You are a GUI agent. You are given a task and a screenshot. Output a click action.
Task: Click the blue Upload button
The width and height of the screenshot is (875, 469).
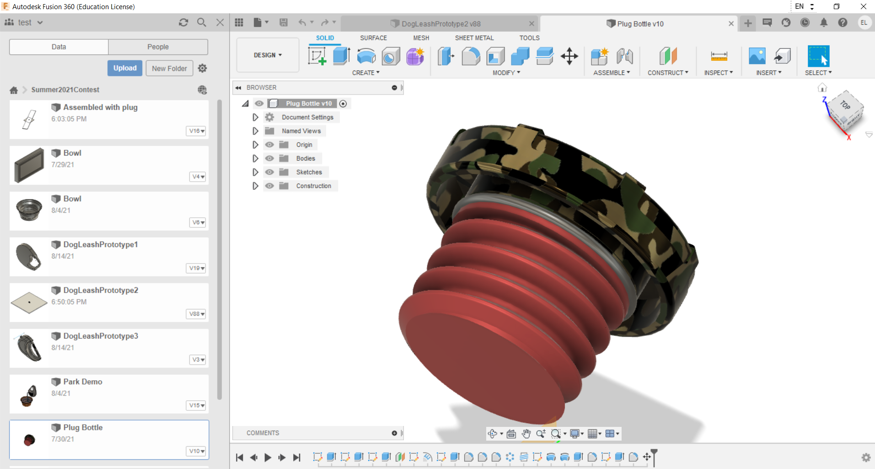point(125,68)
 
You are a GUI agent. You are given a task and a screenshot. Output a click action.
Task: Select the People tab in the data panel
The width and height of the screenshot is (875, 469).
point(158,47)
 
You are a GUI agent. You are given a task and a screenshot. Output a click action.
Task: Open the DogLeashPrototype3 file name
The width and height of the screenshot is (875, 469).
point(101,336)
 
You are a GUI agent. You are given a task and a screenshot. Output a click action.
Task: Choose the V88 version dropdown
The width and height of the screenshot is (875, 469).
point(197,314)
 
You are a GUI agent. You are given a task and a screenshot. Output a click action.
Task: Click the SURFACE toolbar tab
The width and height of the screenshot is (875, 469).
point(373,38)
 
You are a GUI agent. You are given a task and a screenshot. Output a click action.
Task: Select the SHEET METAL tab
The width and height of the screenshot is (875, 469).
point(474,38)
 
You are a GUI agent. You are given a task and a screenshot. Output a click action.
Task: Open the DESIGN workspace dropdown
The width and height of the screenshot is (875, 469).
point(268,55)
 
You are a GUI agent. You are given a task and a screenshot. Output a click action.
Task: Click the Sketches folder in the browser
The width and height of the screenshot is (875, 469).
point(309,172)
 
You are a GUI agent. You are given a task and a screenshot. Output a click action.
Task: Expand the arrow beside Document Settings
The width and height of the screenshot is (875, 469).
point(255,117)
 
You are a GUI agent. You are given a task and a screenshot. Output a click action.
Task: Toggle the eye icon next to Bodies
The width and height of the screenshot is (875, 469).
point(270,158)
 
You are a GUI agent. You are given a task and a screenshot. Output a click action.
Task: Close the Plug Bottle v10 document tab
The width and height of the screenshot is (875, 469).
point(731,24)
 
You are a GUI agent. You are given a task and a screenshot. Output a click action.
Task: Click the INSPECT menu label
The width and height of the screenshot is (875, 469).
point(718,73)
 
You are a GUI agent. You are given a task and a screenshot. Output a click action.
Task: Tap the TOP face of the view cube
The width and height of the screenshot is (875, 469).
point(845,105)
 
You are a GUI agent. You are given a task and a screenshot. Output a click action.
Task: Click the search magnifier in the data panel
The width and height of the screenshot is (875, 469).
point(201,22)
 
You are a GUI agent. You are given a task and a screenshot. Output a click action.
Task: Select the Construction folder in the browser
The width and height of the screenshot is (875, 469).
point(313,186)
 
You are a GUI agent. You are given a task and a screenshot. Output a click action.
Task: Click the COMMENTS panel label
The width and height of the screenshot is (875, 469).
point(263,433)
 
